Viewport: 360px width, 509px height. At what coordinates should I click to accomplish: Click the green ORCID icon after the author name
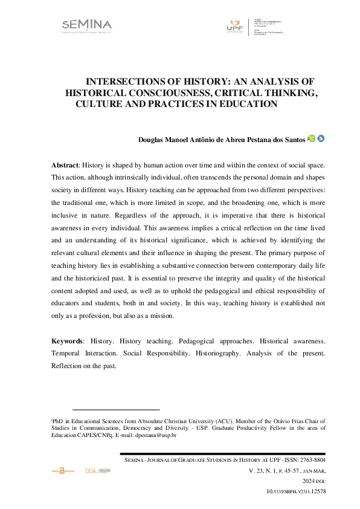pos(311,138)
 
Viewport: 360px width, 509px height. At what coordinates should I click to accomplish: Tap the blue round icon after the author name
pos(321,138)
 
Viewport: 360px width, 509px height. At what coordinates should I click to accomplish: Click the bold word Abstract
pos(65,165)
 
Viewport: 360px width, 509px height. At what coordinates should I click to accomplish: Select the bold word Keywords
pos(66,342)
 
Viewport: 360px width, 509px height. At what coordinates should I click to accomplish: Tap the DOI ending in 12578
pos(296,491)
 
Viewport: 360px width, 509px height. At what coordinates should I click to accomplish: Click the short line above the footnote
pos(115,409)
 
